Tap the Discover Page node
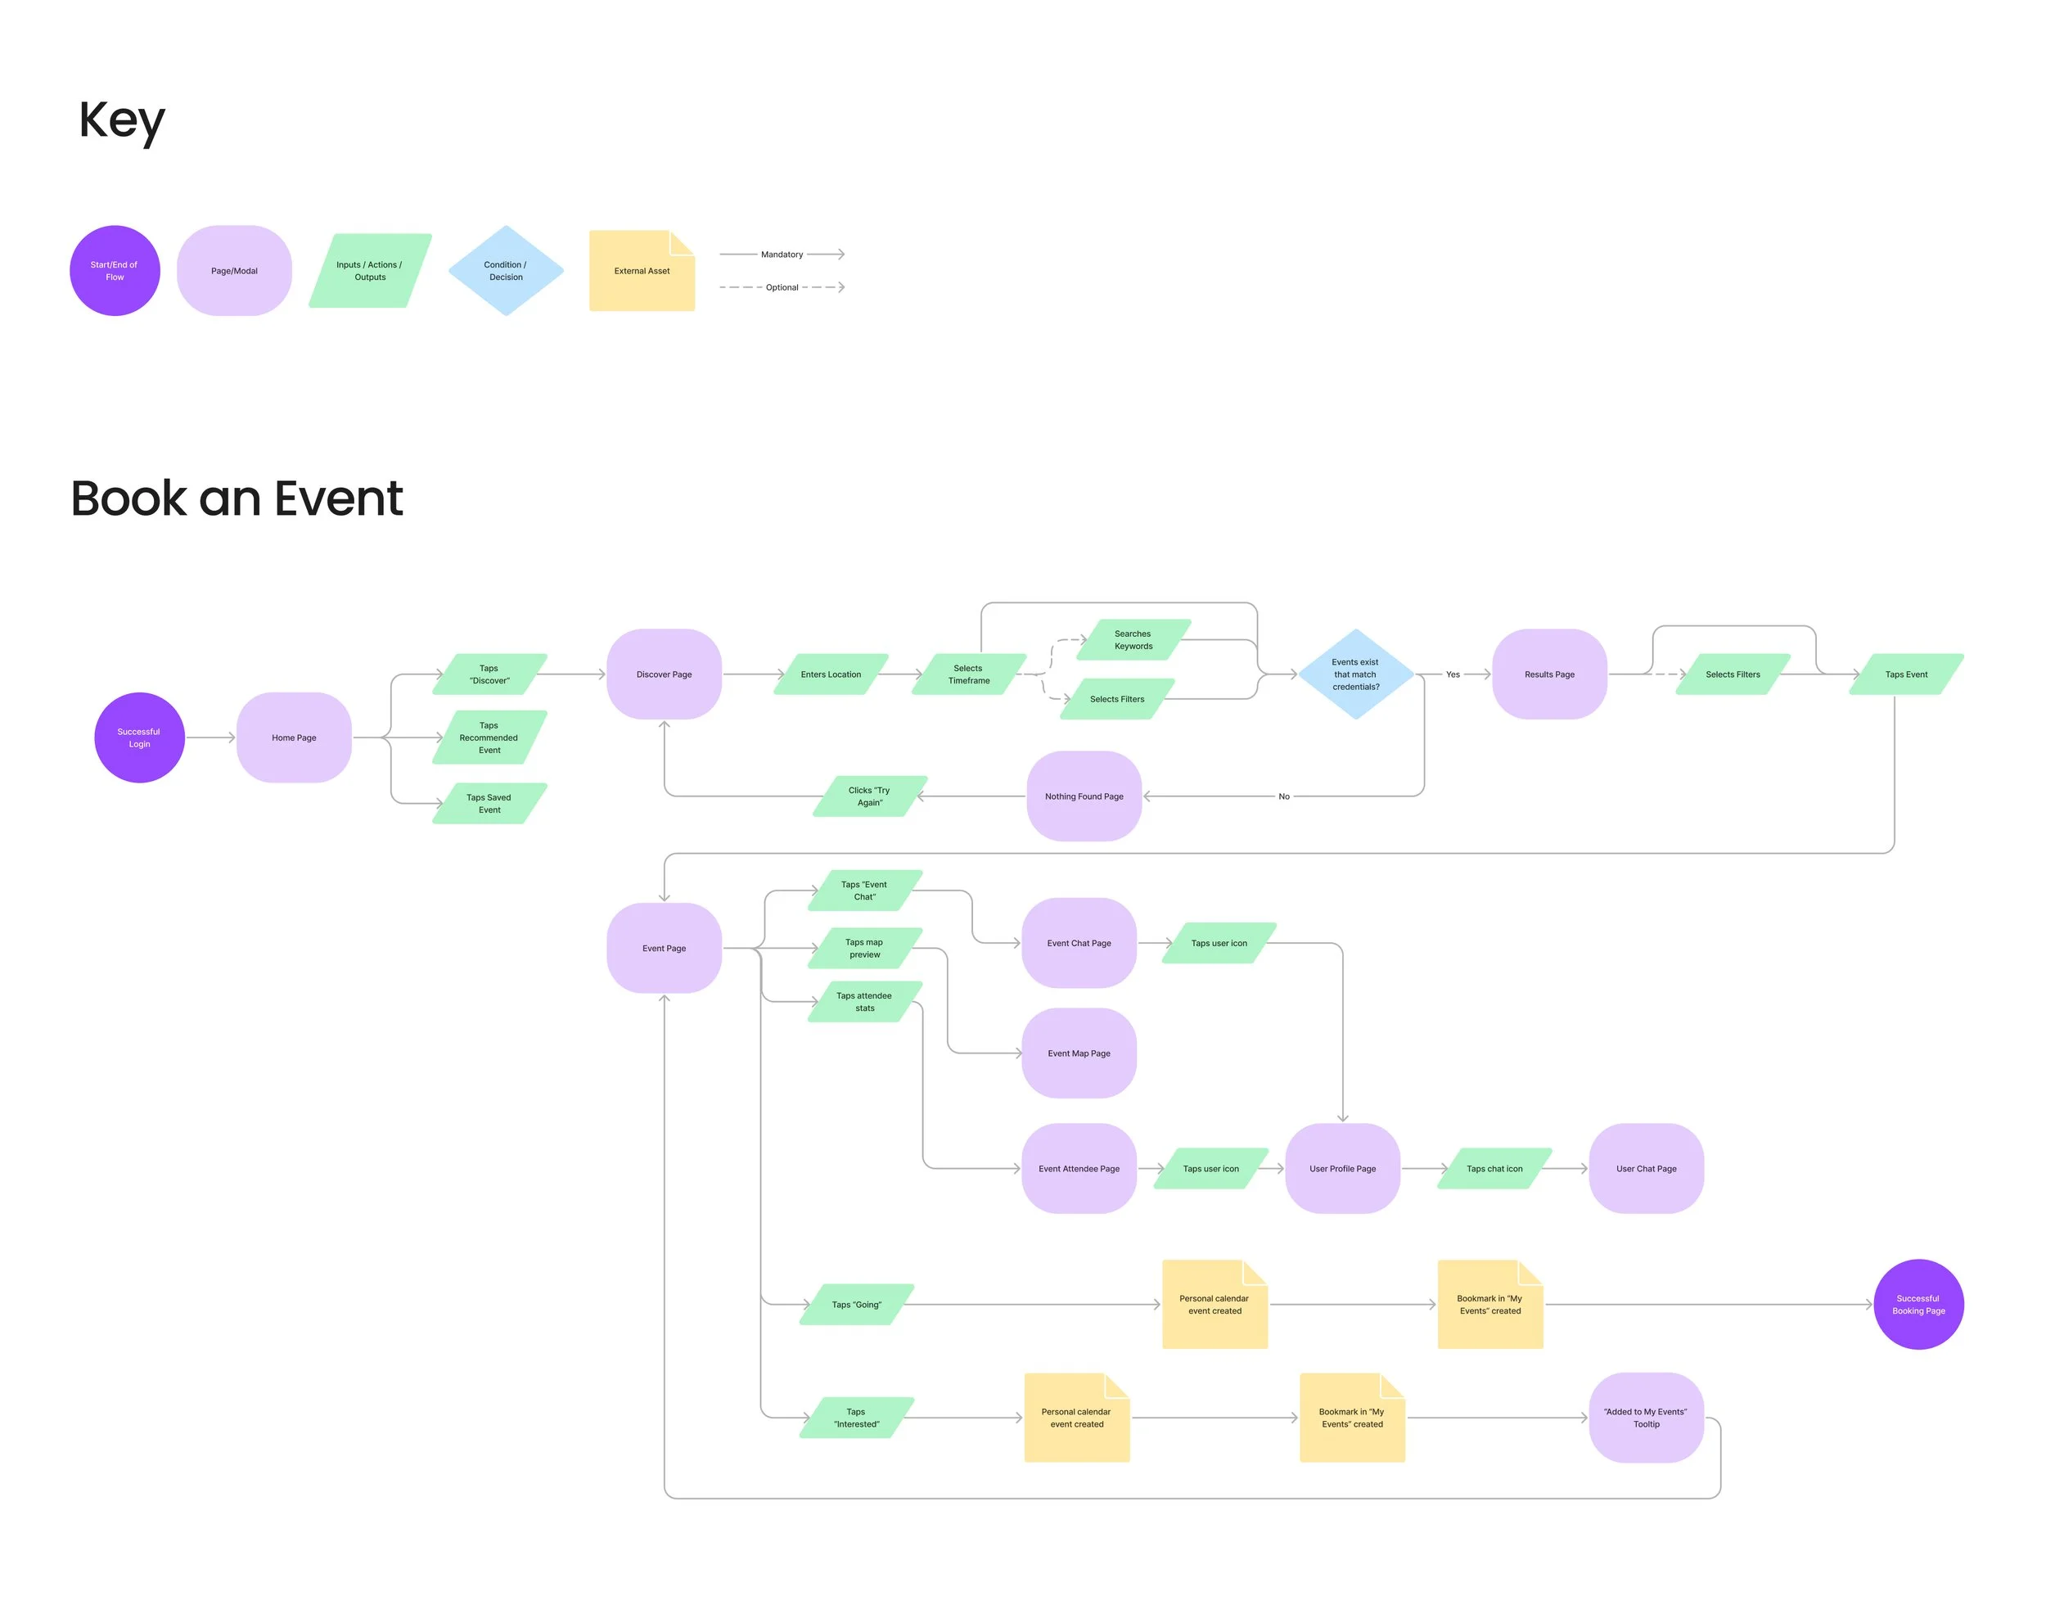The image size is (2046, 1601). [x=664, y=674]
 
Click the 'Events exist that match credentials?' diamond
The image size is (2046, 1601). [x=1355, y=674]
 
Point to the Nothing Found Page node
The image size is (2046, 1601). [x=1084, y=796]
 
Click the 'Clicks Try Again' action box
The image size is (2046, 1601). [x=869, y=796]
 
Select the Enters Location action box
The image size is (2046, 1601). [x=831, y=674]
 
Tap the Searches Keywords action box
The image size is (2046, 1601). [x=1133, y=639]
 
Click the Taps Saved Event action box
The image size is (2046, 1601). [x=489, y=803]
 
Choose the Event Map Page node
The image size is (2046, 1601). [x=1079, y=1053]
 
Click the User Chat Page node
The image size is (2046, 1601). [x=1646, y=1168]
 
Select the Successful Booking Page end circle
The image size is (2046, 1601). [x=1918, y=1304]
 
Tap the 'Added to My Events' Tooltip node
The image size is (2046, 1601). [x=1646, y=1418]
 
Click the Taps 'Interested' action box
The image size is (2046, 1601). [x=857, y=1418]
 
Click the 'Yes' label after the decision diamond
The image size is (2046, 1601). [x=1453, y=674]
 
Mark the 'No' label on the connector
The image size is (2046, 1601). [x=1284, y=796]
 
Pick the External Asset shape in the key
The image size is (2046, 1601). [x=642, y=271]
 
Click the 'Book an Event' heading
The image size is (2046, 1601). [x=237, y=498]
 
